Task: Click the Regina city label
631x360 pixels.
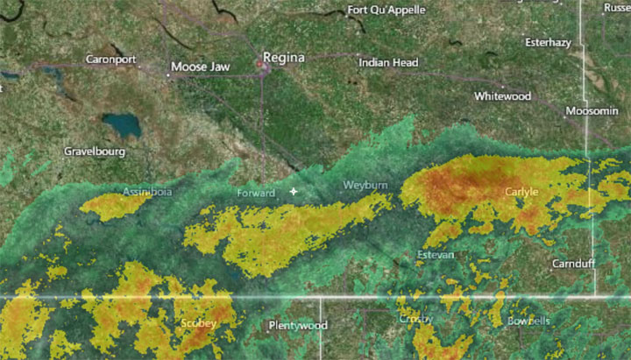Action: tap(287, 58)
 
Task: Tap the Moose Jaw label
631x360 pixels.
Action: tap(201, 67)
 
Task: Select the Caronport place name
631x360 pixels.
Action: tap(111, 60)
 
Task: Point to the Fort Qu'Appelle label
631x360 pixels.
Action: tap(386, 11)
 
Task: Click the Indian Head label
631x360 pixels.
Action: tap(388, 63)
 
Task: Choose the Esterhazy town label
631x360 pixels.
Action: tap(548, 42)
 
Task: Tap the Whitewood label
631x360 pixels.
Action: tap(502, 95)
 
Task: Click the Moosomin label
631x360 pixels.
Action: tap(592, 112)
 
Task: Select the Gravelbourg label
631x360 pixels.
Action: tap(95, 152)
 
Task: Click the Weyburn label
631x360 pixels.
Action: tap(365, 187)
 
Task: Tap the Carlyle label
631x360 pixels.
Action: tap(521, 191)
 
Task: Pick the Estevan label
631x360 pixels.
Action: tap(436, 255)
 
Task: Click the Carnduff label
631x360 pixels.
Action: tap(573, 264)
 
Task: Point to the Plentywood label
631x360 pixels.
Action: tap(297, 326)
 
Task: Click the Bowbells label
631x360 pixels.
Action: tap(528, 321)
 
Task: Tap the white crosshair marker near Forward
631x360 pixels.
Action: tap(294, 191)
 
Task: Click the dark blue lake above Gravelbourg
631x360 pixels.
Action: tap(121, 124)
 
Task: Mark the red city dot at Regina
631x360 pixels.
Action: tap(260, 63)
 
